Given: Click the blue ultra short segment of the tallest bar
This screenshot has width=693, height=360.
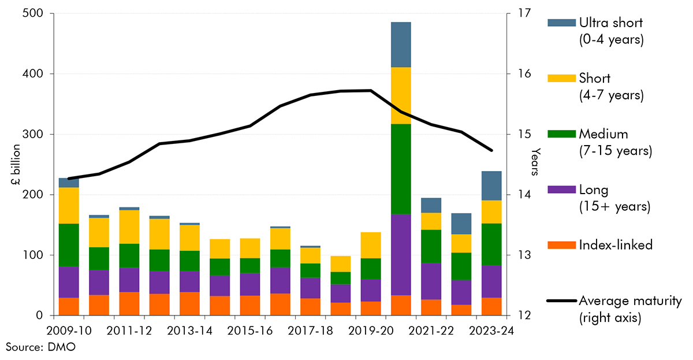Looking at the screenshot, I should (x=401, y=44).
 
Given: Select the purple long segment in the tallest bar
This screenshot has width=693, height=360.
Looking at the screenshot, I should (x=401, y=254).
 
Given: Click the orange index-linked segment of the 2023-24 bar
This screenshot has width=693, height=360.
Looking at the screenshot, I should (x=491, y=306).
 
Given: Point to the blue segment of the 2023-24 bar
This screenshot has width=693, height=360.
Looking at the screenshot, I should (x=491, y=185).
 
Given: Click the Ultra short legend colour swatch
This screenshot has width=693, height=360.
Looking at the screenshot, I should (x=561, y=23).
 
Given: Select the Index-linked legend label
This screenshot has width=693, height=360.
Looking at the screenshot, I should (x=616, y=245).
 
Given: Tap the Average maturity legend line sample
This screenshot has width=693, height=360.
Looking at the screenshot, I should (x=561, y=301).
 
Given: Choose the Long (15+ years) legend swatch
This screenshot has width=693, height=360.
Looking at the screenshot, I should (x=561, y=190).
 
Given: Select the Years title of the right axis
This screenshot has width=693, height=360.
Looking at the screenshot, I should (x=536, y=162).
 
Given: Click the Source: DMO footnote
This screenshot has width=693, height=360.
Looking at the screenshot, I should (x=33, y=347).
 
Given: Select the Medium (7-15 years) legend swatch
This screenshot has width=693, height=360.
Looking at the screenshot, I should (x=561, y=134).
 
